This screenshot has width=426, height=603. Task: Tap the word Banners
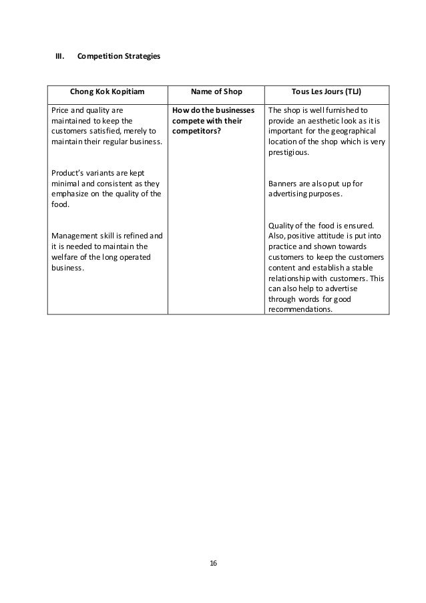281,184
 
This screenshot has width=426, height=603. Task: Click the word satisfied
107,131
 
